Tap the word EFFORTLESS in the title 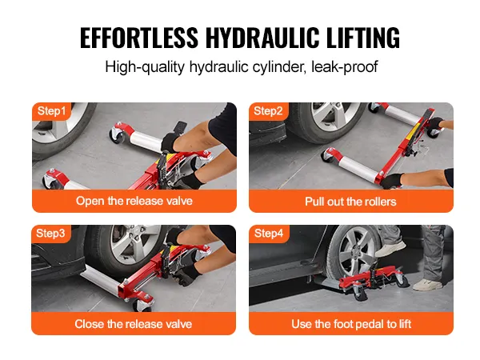[x=139, y=38]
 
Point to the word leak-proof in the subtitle [x=344, y=66]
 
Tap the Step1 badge [x=51, y=111]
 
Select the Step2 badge [x=268, y=111]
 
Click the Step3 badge [x=51, y=234]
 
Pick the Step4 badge [x=269, y=234]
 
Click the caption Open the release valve [x=134, y=201]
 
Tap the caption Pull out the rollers [x=350, y=202]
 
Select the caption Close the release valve [x=134, y=324]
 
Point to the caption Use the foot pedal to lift [x=351, y=324]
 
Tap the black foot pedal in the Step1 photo [x=180, y=127]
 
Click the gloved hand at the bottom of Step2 [x=391, y=181]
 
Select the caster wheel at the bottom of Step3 [x=142, y=305]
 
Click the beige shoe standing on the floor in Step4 [x=427, y=285]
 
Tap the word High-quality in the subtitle [x=145, y=66]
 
